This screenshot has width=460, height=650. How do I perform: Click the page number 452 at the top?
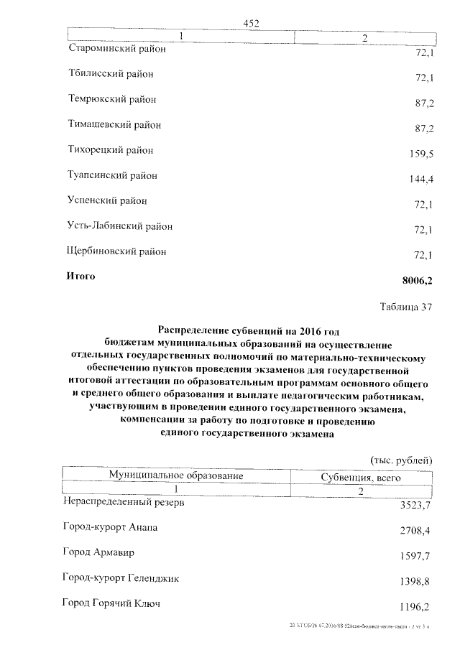click(x=251, y=23)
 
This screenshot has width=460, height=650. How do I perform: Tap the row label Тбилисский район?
click(x=111, y=74)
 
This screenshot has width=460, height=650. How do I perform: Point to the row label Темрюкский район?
click(x=112, y=99)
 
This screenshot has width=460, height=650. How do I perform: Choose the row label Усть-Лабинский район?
click(x=120, y=226)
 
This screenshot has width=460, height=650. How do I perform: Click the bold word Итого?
click(x=80, y=276)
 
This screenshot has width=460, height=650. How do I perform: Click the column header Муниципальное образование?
click(x=176, y=475)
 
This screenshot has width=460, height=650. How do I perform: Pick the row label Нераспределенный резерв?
click(x=124, y=503)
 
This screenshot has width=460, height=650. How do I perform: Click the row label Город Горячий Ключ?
click(x=111, y=603)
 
